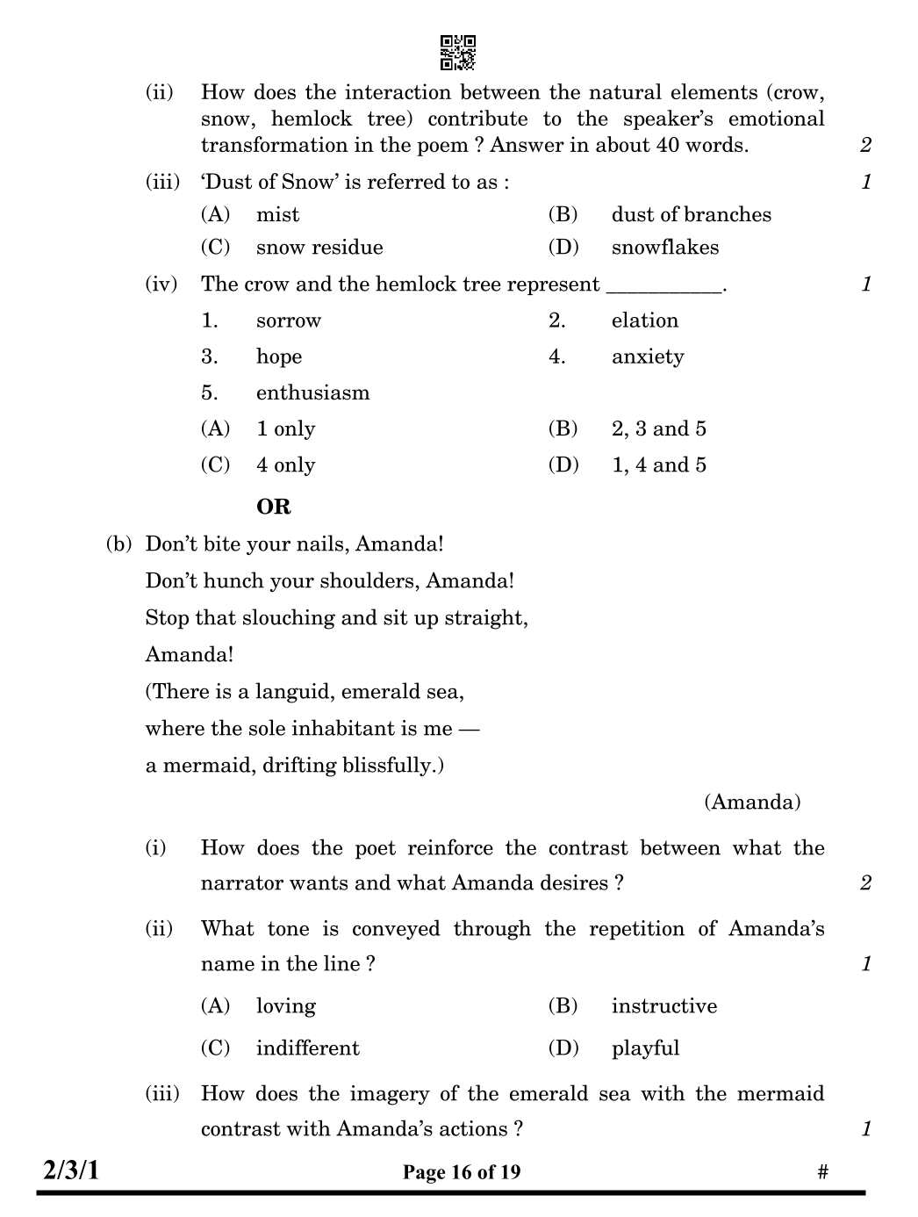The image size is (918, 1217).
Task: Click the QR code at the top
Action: coord(457,53)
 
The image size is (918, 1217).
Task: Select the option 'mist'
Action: coord(277,215)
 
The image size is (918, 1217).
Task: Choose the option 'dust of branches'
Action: coord(691,215)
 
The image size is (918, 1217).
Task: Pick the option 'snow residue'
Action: coord(319,248)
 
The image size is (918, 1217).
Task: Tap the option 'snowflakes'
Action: coord(664,248)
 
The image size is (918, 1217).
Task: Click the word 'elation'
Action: coord(644,320)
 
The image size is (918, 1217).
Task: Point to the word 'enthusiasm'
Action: coord(312,393)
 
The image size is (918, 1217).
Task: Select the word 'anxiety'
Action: coord(647,357)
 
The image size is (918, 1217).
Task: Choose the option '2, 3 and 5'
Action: coord(658,429)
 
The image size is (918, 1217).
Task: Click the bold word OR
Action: coord(273,508)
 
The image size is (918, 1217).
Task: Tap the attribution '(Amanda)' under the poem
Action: coord(752,803)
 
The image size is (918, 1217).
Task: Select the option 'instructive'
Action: coord(663,1006)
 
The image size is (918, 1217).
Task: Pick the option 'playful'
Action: coord(645,1048)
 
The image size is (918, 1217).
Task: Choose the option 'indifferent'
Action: coord(307,1048)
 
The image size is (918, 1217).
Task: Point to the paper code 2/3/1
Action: coord(71,1170)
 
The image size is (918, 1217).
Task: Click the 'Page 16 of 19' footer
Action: coord(462,1172)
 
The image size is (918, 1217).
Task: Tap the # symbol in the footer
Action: coord(822,1172)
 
